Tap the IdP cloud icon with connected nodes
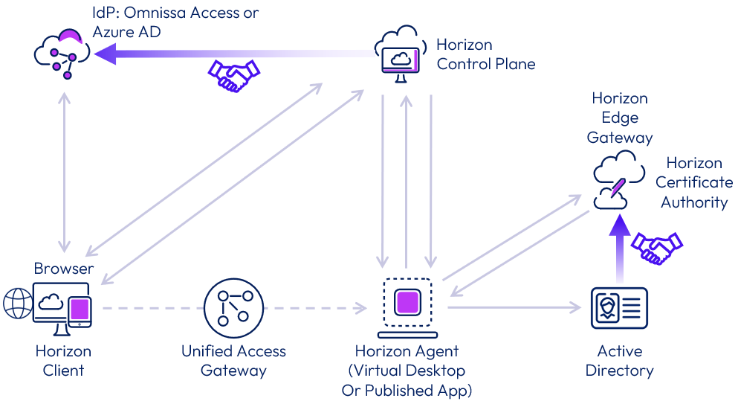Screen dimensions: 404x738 tap(62, 54)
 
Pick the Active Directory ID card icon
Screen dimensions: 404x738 tap(619, 308)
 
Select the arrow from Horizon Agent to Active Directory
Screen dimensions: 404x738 tap(513, 307)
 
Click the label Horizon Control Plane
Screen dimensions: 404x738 tap(485, 54)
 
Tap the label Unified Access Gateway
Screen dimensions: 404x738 tap(233, 360)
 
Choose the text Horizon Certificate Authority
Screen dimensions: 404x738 tap(694, 182)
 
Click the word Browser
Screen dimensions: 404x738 tap(64, 268)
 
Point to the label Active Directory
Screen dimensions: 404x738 tap(619, 360)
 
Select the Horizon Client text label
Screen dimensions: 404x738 tap(64, 360)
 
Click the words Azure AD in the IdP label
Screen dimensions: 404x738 tap(126, 32)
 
